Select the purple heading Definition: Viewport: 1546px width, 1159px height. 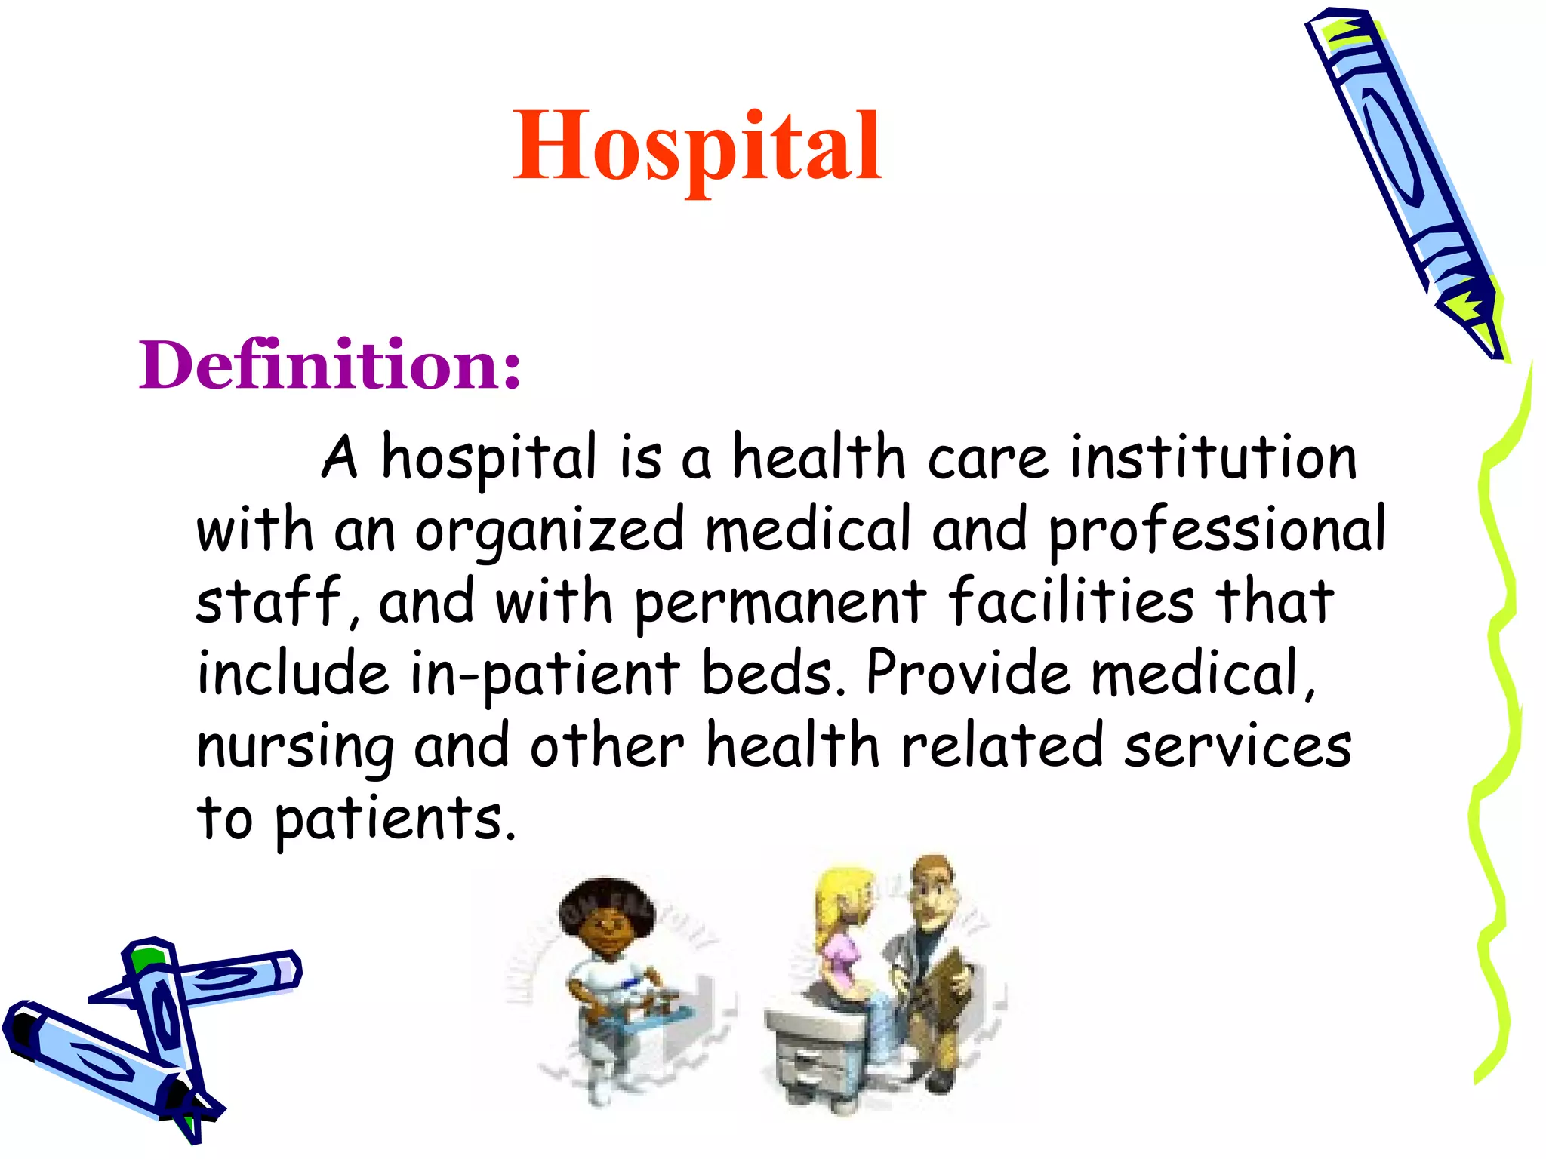click(x=330, y=365)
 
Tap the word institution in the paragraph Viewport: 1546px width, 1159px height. click(x=1213, y=458)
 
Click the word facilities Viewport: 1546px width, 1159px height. click(x=1071, y=601)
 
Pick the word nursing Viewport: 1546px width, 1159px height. click(x=295, y=748)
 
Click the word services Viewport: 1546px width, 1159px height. click(x=1238, y=746)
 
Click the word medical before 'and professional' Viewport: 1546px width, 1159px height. click(x=808, y=530)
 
